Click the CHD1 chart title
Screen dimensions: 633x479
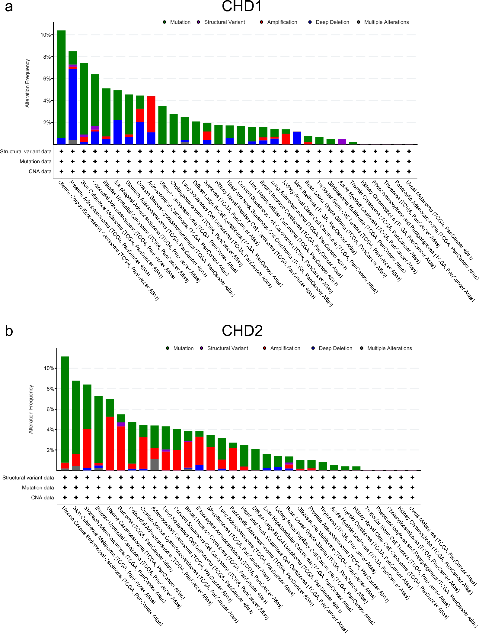tap(242, 7)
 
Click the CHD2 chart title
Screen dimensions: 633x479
tap(242, 331)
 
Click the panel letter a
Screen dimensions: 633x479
tap(9, 7)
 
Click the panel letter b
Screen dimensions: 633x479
tap(9, 331)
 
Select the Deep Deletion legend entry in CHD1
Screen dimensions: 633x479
tap(332, 22)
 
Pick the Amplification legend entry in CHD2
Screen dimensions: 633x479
tap(285, 348)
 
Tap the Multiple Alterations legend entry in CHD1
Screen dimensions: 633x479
tap(386, 22)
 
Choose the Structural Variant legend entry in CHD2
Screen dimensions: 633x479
tap(227, 348)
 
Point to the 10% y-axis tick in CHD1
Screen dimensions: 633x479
tap(46, 35)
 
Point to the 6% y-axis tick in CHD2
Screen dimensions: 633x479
tap(50, 409)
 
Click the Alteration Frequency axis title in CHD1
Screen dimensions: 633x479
tap(27, 83)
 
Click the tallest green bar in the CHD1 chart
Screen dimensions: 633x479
tap(62, 85)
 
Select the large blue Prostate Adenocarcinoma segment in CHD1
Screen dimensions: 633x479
tap(73, 104)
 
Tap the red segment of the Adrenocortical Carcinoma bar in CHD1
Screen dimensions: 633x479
tap(151, 114)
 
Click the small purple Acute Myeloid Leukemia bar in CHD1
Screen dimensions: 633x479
tap(342, 141)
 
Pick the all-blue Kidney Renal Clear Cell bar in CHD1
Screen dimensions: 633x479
tap(297, 138)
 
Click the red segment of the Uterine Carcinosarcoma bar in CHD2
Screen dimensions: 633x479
tap(110, 443)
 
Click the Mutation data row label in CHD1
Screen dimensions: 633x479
tap(35, 161)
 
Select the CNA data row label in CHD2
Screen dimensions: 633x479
tap(42, 498)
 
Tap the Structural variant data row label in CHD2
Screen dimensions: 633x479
tap(28, 478)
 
